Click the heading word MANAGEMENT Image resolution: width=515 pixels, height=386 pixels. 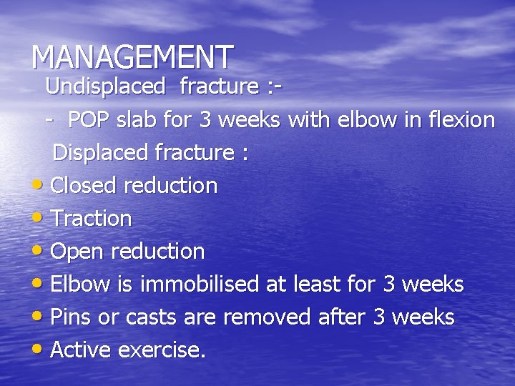tap(132, 56)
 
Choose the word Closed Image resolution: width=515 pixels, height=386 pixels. tap(84, 186)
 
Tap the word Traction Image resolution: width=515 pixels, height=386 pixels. tap(92, 219)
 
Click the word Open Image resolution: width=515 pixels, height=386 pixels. tap(77, 252)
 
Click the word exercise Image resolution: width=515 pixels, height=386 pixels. tap(162, 350)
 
